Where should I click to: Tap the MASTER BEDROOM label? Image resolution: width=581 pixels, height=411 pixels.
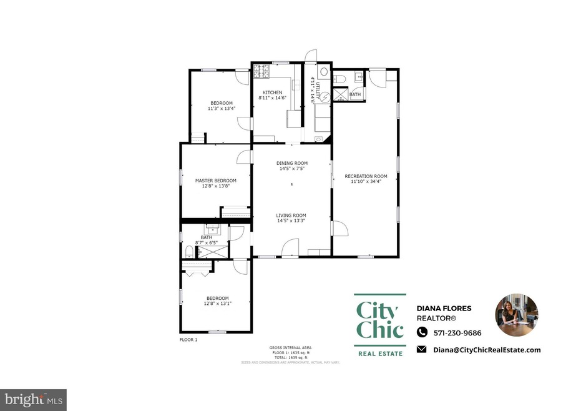215,181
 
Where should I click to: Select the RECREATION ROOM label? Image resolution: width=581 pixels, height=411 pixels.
366,176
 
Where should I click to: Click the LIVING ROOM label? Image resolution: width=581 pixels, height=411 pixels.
291,215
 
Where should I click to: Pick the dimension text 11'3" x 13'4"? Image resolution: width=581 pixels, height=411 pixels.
221,108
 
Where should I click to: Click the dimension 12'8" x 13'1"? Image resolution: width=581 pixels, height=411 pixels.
218,304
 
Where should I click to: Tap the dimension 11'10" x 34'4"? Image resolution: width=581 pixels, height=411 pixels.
366,182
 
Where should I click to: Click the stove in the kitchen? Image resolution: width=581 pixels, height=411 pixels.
260,72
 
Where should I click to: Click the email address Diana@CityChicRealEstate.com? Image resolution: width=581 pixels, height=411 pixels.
487,350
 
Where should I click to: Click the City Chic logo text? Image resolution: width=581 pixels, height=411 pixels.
379,320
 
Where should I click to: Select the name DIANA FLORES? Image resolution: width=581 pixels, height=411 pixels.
444,308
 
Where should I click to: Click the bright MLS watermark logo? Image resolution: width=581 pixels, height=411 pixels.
34,399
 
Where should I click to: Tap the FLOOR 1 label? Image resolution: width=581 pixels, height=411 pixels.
188,339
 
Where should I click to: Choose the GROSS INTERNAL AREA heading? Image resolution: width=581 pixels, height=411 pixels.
290,347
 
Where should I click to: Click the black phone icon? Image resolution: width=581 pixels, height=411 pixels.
422,332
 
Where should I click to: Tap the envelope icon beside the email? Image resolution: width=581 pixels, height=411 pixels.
422,350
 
